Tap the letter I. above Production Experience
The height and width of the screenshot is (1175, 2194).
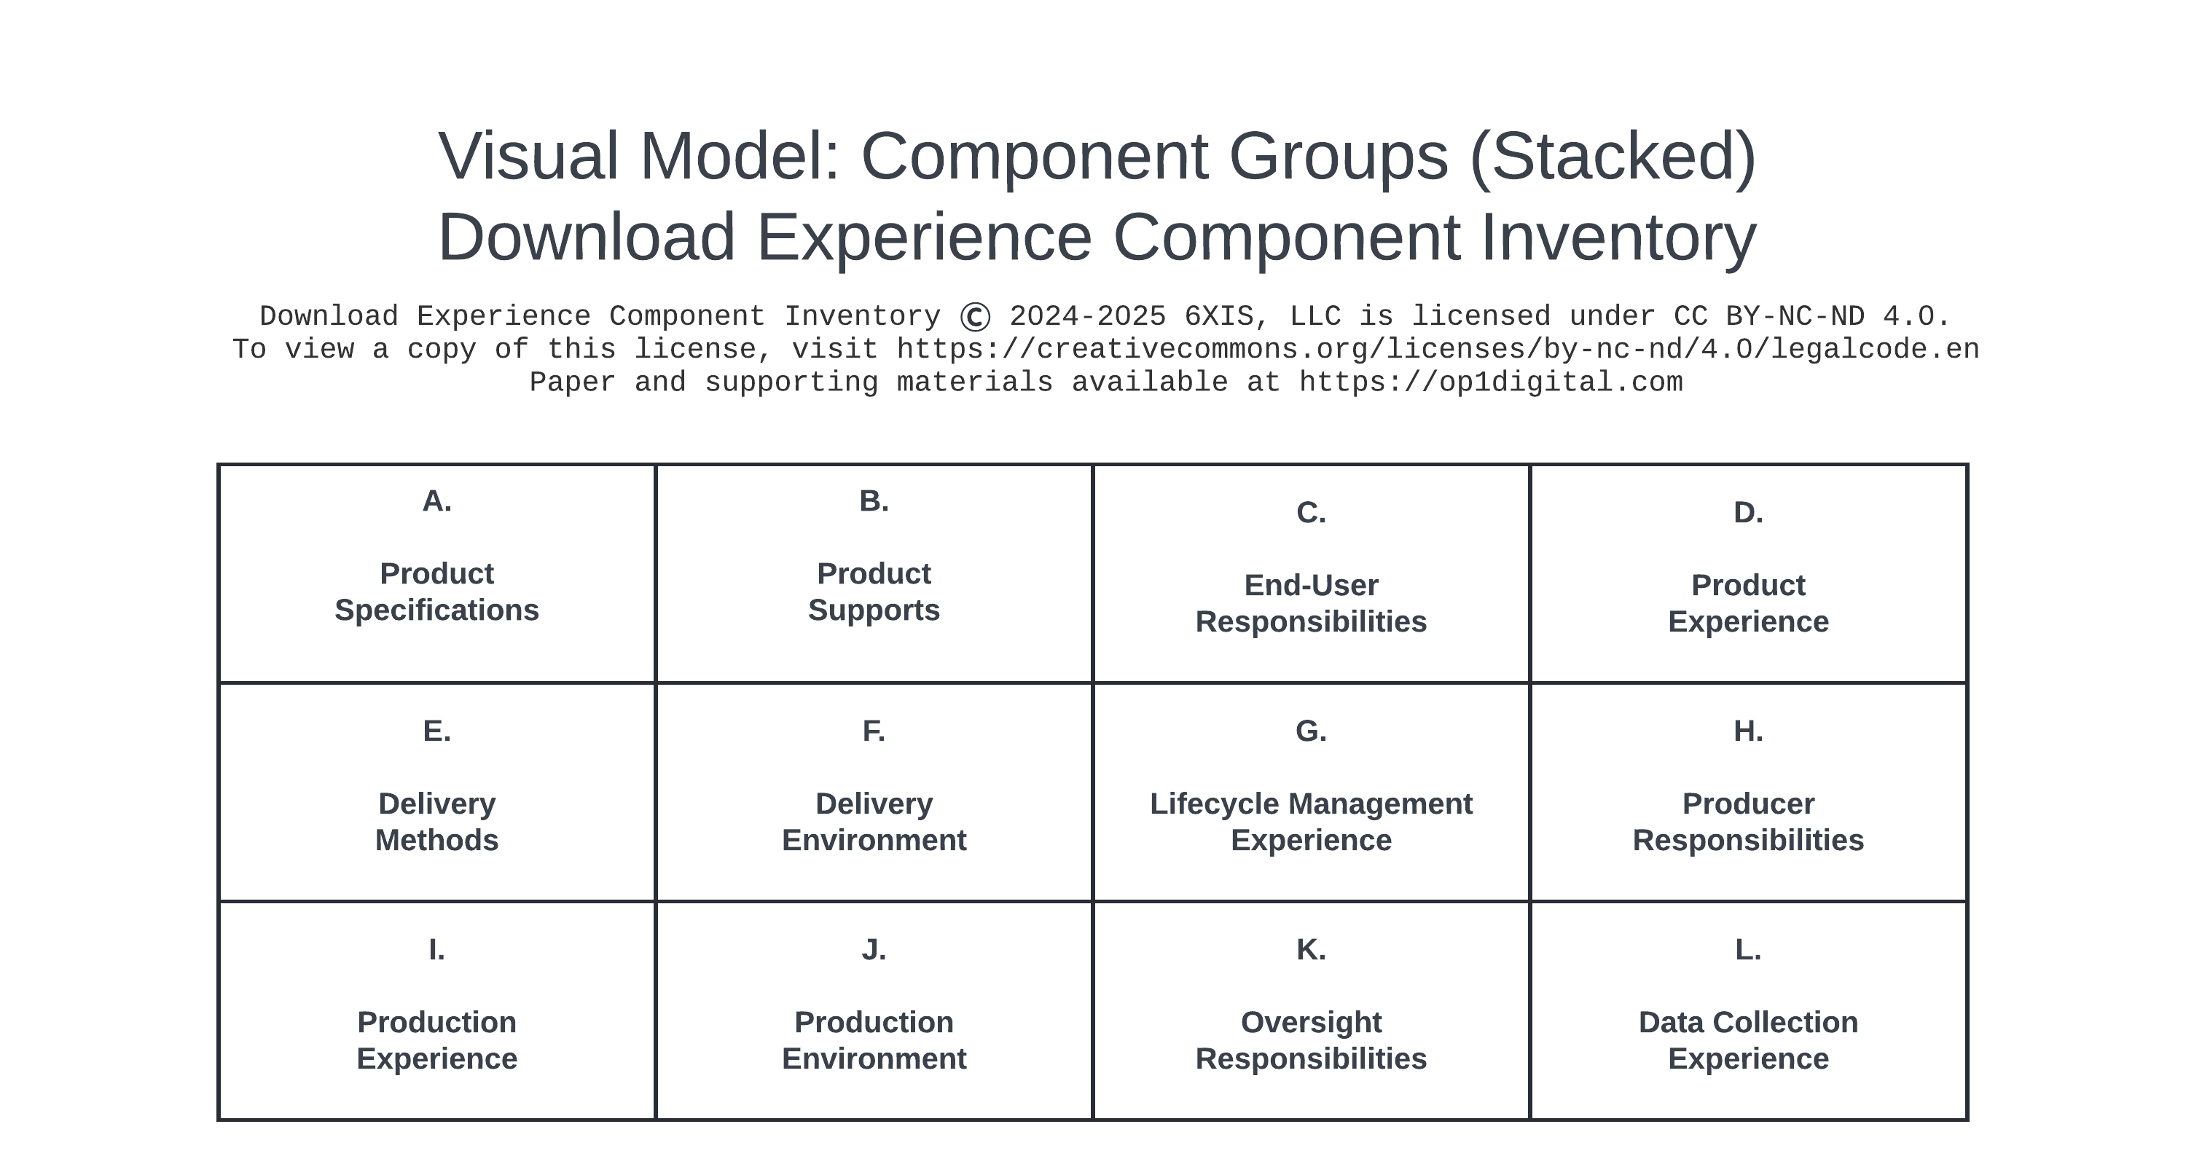436,949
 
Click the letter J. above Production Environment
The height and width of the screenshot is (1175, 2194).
874,949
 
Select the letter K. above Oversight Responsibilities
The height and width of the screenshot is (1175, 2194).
1311,949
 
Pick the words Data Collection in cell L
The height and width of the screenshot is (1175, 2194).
1748,1022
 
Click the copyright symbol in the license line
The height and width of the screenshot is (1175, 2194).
974,318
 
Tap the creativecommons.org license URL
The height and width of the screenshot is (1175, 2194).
1438,349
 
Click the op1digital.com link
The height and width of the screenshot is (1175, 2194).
1491,382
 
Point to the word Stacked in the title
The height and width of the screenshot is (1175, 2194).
1613,157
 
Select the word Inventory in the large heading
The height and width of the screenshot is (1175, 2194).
1618,237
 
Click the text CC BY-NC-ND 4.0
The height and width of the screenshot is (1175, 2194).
1811,317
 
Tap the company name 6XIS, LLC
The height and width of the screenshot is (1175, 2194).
1262,317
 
